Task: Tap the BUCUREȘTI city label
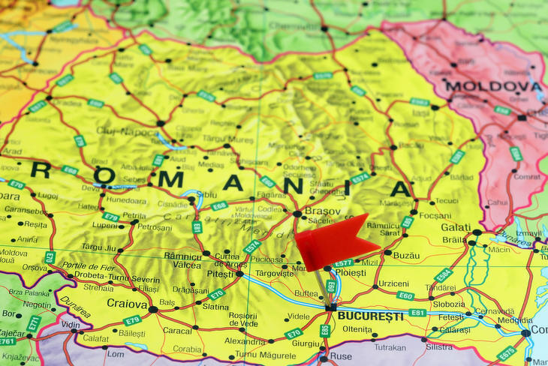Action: [x=370, y=316]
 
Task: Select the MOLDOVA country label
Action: [x=493, y=86]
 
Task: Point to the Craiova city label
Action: [x=126, y=304]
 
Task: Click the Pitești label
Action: [x=220, y=274]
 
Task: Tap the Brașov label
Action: [x=322, y=211]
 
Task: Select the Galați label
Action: [x=456, y=226]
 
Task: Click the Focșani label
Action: [x=435, y=216]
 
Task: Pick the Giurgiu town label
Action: [x=306, y=343]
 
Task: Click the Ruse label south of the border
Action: [x=341, y=356]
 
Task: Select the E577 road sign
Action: [x=344, y=262]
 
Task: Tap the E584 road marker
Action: [x=444, y=275]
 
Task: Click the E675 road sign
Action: [x=506, y=352]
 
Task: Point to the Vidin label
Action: [x=71, y=325]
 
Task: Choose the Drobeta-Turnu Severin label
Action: [x=107, y=277]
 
